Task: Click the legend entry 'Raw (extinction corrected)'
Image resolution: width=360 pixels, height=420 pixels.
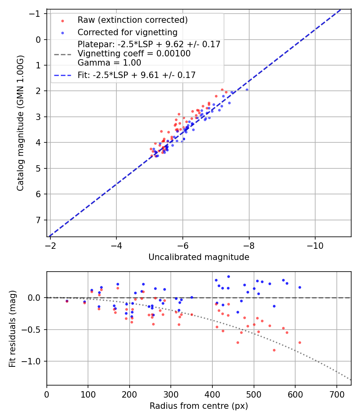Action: pos(132,20)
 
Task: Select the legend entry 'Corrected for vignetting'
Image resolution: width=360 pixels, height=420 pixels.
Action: pos(127,32)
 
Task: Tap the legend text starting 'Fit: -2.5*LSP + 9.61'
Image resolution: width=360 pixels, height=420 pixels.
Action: pos(136,75)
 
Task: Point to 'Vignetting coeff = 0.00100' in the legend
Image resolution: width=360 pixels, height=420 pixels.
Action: pos(134,54)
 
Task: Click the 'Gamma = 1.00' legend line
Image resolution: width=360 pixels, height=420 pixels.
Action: pos(109,62)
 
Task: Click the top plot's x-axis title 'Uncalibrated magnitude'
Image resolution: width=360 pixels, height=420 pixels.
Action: pos(199,257)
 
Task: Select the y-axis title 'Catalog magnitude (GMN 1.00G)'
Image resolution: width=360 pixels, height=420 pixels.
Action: pos(21,123)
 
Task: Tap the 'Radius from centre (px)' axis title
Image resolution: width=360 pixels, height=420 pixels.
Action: pos(199,406)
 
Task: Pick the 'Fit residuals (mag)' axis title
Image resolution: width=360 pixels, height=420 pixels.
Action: pos(12,328)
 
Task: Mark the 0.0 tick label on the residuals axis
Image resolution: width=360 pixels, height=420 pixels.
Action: pos(36,298)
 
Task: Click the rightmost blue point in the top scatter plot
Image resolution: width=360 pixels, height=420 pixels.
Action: pos(247,90)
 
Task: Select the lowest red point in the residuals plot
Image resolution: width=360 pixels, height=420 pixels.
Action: pos(274,350)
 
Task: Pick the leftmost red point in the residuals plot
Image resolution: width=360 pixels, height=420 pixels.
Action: pos(67,301)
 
